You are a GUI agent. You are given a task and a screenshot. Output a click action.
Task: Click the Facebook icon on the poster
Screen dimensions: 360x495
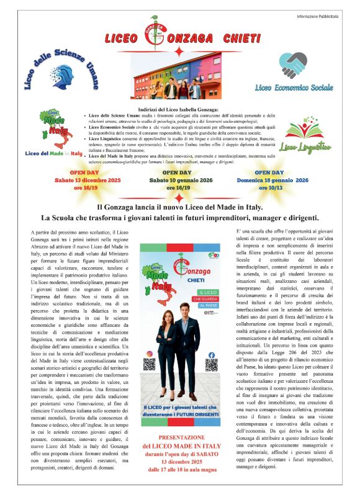pyautogui.click(x=211, y=355)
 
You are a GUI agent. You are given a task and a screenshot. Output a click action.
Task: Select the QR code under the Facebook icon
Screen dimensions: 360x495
pyautogui.click(x=211, y=365)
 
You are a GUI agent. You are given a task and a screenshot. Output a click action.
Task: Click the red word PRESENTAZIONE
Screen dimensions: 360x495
pyautogui.click(x=179, y=420)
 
